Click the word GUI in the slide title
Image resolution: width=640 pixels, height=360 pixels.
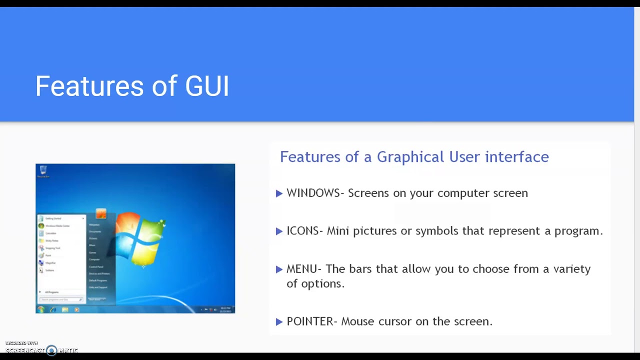click(207, 86)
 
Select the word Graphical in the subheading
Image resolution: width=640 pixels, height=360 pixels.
click(410, 157)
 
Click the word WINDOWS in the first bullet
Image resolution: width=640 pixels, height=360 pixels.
click(313, 193)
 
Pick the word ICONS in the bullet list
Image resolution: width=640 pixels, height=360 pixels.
click(302, 231)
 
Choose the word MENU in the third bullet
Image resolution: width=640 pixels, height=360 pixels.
click(301, 269)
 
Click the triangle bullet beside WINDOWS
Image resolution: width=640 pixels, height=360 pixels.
click(279, 193)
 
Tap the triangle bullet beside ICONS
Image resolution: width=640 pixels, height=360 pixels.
click(279, 231)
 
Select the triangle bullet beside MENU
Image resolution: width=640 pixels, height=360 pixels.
click(279, 269)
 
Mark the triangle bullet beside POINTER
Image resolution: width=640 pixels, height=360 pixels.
click(279, 322)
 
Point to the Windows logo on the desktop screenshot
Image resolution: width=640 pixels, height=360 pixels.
click(140, 238)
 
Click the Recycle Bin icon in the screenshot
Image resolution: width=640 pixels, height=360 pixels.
click(43, 170)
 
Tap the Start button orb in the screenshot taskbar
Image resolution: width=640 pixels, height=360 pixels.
click(41, 309)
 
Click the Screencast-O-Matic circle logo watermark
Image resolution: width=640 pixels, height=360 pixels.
click(51, 350)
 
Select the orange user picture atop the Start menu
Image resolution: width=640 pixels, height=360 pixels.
click(101, 214)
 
